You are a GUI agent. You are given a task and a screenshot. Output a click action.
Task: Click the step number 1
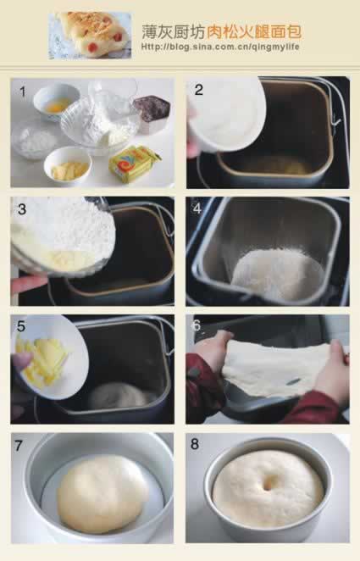pyautogui.click(x=23, y=92)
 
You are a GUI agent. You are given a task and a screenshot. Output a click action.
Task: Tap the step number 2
pyautogui.click(x=199, y=90)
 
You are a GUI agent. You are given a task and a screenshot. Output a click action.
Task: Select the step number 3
pyautogui.click(x=22, y=209)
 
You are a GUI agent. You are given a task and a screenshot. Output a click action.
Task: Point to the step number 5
pyautogui.click(x=21, y=326)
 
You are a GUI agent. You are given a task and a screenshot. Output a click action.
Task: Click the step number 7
pyautogui.click(x=19, y=446)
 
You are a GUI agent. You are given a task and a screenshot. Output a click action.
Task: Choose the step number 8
pyautogui.click(x=195, y=444)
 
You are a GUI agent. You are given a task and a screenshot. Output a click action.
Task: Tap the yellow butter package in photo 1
pyautogui.click(x=135, y=164)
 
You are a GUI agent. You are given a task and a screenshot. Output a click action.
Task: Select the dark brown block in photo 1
pyautogui.click(x=152, y=108)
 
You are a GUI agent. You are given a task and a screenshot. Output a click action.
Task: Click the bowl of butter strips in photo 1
pyautogui.click(x=68, y=165)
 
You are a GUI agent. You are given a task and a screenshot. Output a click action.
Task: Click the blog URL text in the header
pyautogui.click(x=220, y=47)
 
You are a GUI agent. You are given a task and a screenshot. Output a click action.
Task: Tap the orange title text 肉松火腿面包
pyautogui.click(x=254, y=32)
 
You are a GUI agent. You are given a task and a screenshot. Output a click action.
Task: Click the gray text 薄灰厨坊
pyautogui.click(x=174, y=32)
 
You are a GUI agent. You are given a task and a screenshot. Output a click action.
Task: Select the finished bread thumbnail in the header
pyautogui.click(x=90, y=35)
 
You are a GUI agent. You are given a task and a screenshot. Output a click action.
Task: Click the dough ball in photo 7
pyautogui.click(x=103, y=493)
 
